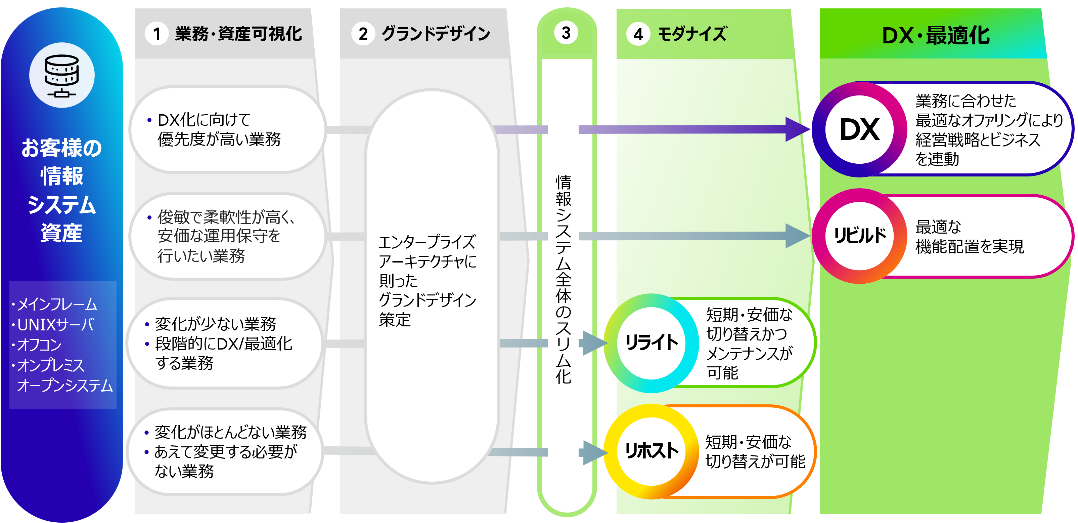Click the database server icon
[62, 75]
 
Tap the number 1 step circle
[156, 34]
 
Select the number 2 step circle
[363, 34]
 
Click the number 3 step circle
[566, 32]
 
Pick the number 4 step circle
[638, 34]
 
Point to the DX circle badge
[860, 129]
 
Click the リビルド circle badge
[860, 236]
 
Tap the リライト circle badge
[652, 343]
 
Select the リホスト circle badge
[652, 451]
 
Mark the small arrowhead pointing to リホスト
[594, 452]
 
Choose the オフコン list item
[39, 345]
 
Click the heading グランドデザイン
[436, 34]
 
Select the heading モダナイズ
[692, 34]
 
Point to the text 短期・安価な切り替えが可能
[755, 452]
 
